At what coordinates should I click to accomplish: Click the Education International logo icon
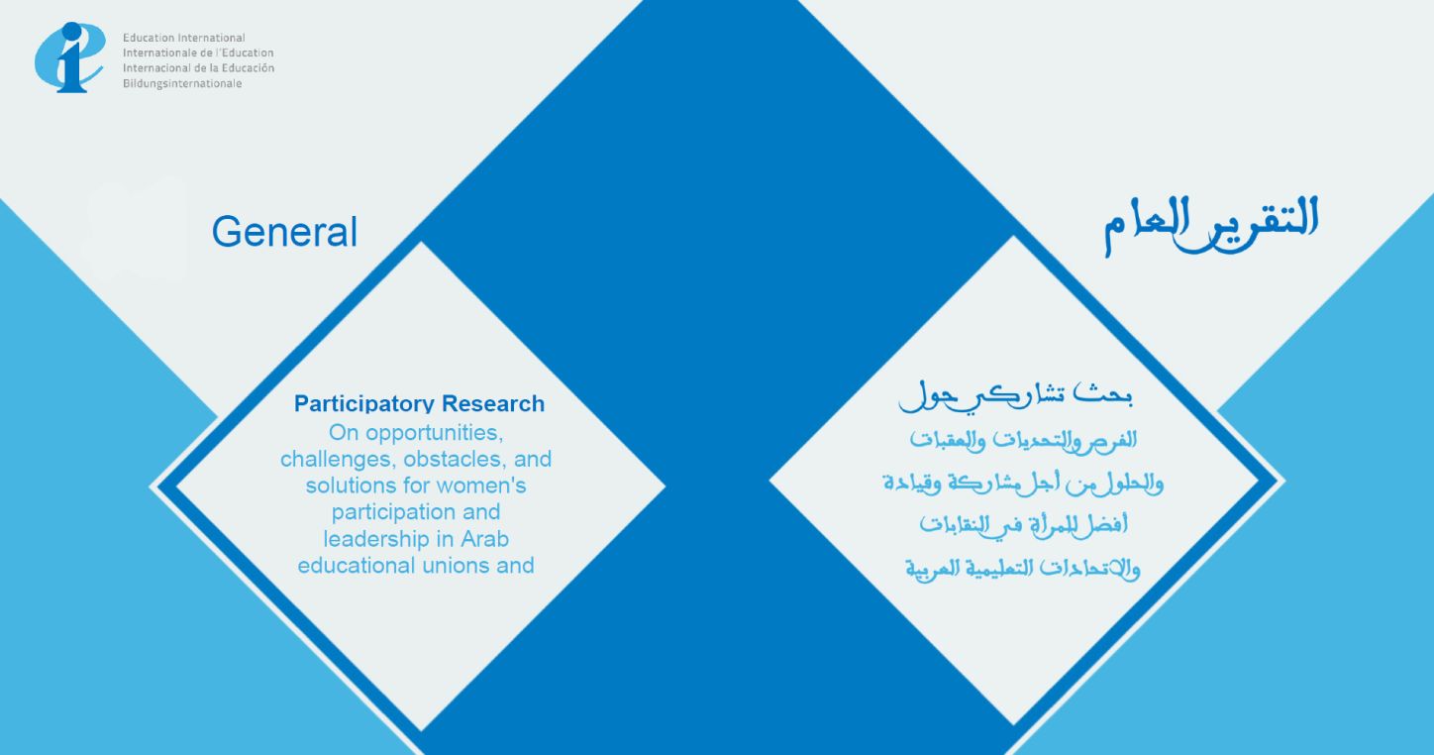[x=69, y=57]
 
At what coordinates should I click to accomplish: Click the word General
[x=284, y=231]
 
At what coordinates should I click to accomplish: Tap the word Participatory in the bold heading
[x=364, y=404]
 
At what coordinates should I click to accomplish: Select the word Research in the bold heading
[x=493, y=403]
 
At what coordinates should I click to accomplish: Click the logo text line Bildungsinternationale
[x=182, y=83]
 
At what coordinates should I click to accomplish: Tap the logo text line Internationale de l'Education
[x=198, y=53]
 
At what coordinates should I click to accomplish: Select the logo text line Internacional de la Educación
[x=198, y=68]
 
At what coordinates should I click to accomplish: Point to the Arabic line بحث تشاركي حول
[x=1016, y=396]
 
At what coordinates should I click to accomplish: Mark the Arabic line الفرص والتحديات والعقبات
[x=1023, y=441]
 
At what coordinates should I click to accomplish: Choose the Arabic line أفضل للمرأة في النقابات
[x=1023, y=525]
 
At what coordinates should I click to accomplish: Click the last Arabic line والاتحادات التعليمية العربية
[x=1023, y=569]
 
